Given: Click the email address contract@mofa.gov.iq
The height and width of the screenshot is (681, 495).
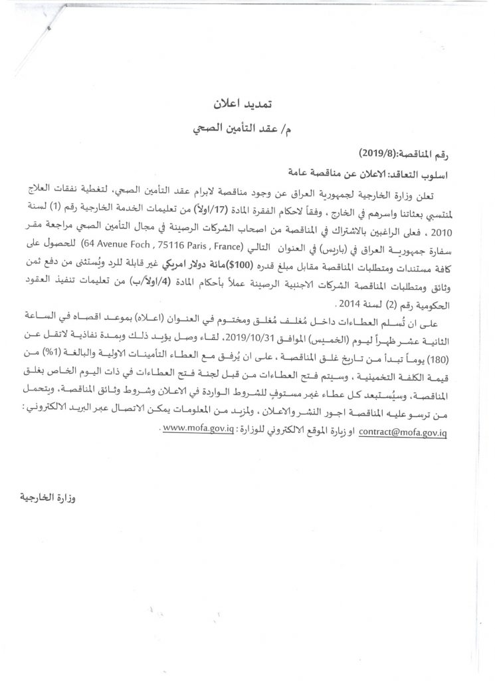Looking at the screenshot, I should (402, 431).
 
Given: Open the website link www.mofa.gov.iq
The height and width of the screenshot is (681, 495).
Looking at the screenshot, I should (202, 431).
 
